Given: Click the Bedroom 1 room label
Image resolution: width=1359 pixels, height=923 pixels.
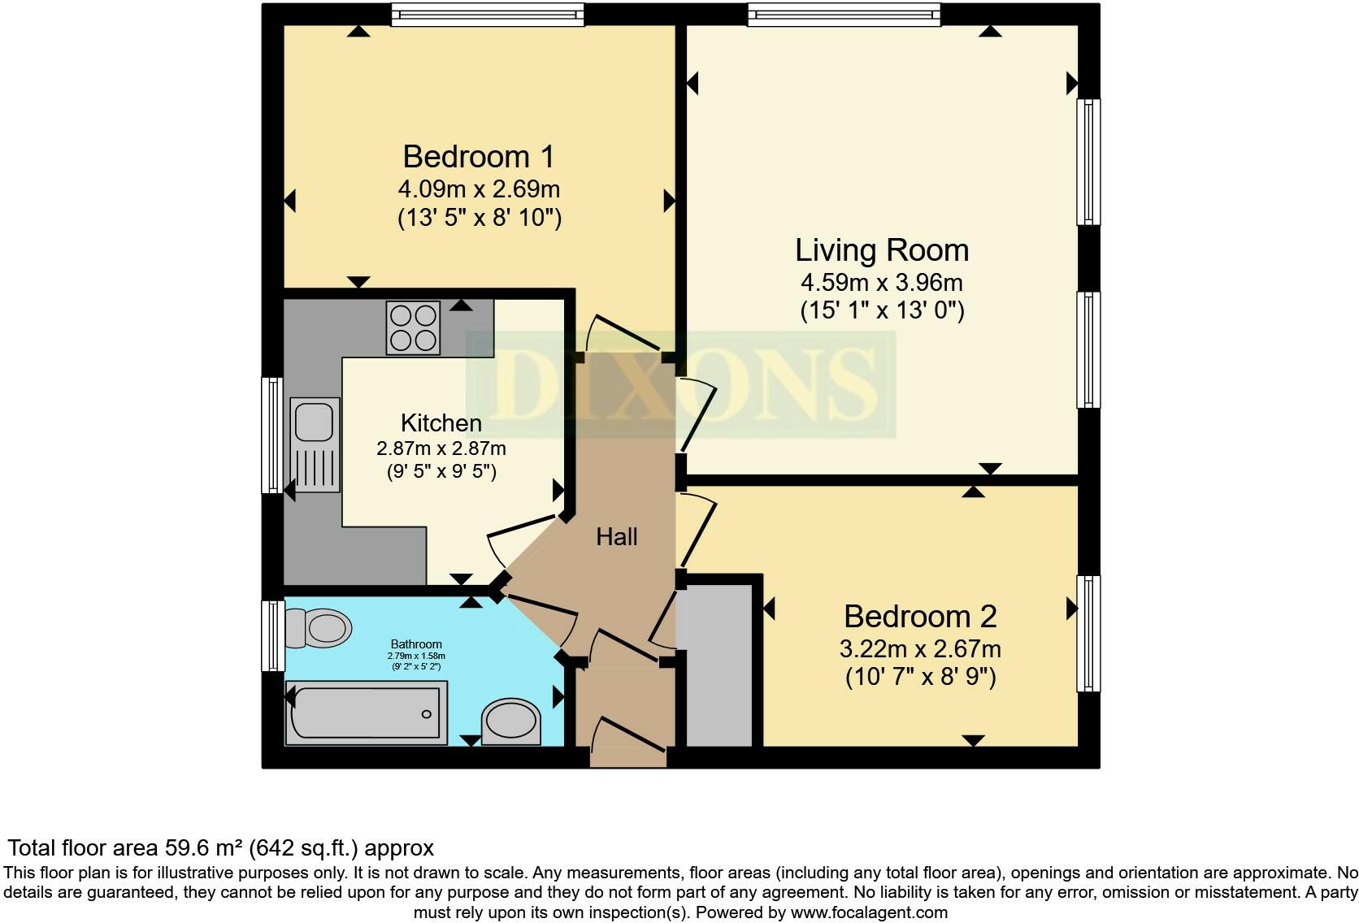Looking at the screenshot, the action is click(x=479, y=157).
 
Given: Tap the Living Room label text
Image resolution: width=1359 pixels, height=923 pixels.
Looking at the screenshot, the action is click(x=882, y=250).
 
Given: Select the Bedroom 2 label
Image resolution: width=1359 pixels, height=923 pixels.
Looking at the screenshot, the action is click(x=920, y=616).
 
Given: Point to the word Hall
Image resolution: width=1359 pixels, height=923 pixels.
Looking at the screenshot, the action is click(x=616, y=537).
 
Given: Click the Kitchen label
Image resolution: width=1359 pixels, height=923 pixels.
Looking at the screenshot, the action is click(x=441, y=422).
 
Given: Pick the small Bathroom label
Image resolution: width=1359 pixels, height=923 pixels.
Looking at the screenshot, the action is click(x=416, y=644).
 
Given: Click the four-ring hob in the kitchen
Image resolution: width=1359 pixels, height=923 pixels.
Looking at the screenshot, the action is click(x=413, y=328).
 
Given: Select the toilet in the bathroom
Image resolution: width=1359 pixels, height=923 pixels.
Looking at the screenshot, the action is click(x=318, y=628).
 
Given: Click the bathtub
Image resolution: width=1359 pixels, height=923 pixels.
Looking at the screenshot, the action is click(x=367, y=713).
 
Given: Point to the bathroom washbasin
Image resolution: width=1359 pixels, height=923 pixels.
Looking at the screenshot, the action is click(x=510, y=721).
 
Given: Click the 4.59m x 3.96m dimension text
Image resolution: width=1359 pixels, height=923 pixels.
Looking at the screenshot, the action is click(x=882, y=283).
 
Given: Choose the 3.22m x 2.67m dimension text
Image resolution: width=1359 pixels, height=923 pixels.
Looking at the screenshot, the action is click(x=920, y=649).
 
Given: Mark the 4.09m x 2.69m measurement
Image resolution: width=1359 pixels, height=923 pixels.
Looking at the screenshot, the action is click(x=479, y=190).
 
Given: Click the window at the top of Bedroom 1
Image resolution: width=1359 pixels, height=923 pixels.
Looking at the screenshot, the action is click(x=488, y=15).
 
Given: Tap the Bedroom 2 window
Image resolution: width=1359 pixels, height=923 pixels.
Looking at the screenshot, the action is click(x=1088, y=633).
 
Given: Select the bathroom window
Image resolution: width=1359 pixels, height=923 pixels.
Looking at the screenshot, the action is click(x=273, y=635).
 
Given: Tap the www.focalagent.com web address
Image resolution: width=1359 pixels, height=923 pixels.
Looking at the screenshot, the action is click(x=870, y=912).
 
